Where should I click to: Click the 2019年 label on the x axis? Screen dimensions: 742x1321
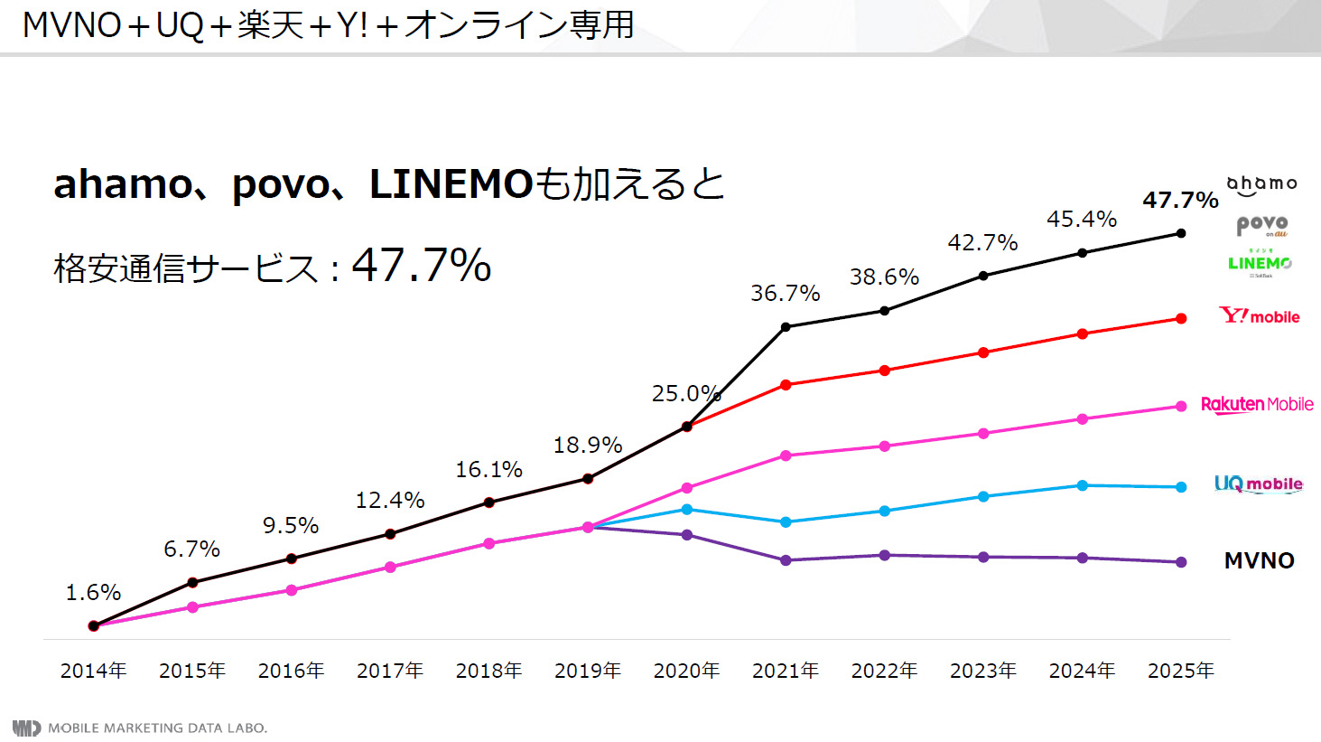(x=588, y=671)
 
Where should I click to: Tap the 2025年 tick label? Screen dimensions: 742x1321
(x=1180, y=671)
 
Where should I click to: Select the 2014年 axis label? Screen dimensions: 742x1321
(x=93, y=671)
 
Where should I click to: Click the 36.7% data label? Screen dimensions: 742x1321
(x=785, y=293)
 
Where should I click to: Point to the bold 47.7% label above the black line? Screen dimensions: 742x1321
(x=1180, y=200)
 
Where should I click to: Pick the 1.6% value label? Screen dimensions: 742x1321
(x=93, y=592)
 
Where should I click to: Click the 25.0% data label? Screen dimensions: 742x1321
(x=686, y=393)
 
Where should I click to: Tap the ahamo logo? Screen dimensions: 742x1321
(x=1261, y=184)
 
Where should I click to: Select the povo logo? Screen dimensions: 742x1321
(x=1261, y=224)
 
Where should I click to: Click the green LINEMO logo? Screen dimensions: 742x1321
(x=1260, y=263)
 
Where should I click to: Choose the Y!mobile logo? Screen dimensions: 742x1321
(x=1260, y=315)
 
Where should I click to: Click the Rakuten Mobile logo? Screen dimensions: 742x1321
(x=1257, y=404)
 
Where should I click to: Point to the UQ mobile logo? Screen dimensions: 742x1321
(x=1258, y=484)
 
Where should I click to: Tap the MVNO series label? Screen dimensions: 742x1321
(x=1259, y=560)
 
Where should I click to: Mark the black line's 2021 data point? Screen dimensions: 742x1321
(x=786, y=326)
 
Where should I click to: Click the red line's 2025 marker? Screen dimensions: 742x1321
(x=1181, y=318)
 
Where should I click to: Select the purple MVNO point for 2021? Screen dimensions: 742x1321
(x=786, y=560)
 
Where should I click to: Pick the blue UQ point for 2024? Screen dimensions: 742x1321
(x=1082, y=485)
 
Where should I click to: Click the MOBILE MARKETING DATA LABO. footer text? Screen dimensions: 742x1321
(x=157, y=728)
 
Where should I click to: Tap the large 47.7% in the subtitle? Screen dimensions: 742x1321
(x=421, y=265)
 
